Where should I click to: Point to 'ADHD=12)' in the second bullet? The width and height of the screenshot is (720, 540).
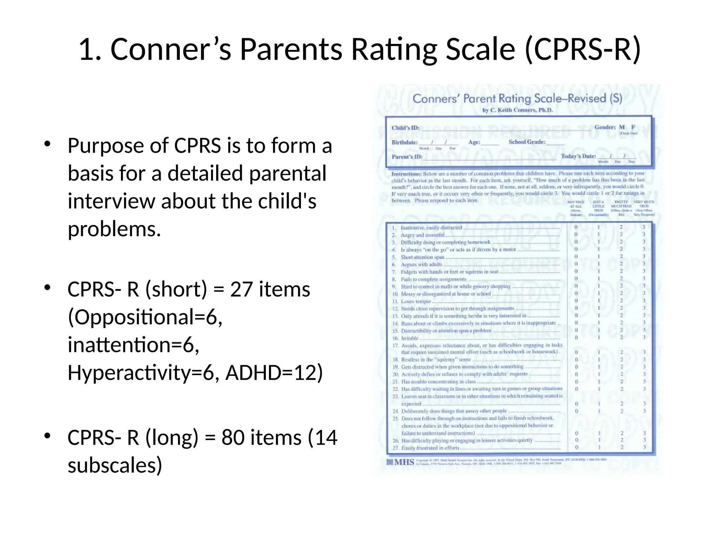pyautogui.click(x=274, y=373)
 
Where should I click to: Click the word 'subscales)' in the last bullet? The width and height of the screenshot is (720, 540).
pyautogui.click(x=115, y=465)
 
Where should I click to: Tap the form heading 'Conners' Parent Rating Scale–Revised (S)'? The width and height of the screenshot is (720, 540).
pyautogui.click(x=517, y=98)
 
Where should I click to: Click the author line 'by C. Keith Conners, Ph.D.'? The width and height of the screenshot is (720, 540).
pyautogui.click(x=517, y=110)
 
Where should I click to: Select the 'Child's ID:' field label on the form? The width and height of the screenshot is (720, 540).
pyautogui.click(x=405, y=128)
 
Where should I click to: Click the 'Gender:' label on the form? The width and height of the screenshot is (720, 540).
pyautogui.click(x=605, y=127)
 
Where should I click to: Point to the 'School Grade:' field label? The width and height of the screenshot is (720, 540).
pyautogui.click(x=527, y=142)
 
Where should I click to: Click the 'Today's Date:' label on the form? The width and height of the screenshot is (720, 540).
pyautogui.click(x=578, y=156)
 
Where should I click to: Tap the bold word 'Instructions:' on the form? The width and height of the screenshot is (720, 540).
pyautogui.click(x=406, y=174)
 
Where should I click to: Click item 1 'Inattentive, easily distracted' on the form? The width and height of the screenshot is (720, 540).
pyautogui.click(x=431, y=228)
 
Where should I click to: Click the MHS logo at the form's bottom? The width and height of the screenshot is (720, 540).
pyautogui.click(x=400, y=462)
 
